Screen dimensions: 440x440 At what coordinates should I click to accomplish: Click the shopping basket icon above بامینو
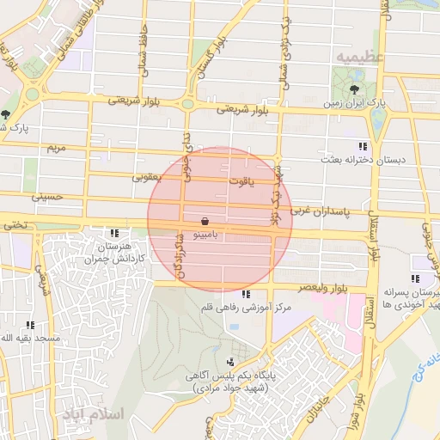click(203, 221)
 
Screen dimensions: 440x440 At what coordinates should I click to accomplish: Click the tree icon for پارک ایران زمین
click(354, 89)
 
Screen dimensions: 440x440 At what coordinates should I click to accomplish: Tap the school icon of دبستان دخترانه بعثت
click(363, 146)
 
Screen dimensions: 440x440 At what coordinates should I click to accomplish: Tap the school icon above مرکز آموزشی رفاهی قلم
click(247, 295)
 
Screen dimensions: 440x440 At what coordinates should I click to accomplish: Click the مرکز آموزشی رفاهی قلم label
click(248, 308)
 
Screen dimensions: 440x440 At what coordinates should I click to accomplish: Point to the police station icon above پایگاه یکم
click(229, 364)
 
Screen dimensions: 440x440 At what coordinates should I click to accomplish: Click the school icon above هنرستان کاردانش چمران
click(114, 233)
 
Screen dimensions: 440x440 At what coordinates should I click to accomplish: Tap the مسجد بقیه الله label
click(31, 339)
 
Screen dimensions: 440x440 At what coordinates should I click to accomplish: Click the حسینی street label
click(47, 197)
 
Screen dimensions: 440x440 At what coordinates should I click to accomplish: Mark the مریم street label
click(56, 148)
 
